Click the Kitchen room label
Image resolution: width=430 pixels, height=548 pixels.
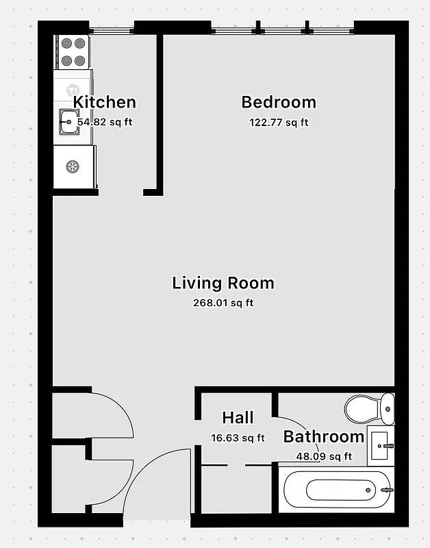(x=104, y=103)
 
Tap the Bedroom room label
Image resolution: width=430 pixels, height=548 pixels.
(x=279, y=103)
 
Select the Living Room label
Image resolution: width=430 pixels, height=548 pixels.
(x=223, y=283)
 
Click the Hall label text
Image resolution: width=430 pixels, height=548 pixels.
(x=238, y=418)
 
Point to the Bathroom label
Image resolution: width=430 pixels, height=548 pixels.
(x=323, y=436)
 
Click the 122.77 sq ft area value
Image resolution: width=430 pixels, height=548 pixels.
(x=278, y=123)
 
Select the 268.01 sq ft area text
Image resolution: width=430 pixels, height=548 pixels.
(x=223, y=303)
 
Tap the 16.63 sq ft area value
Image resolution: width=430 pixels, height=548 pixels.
(x=238, y=438)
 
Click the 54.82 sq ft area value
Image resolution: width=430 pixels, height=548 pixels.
(x=104, y=123)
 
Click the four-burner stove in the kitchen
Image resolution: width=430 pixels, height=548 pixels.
(x=73, y=52)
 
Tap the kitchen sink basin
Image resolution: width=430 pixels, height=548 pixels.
(x=68, y=123)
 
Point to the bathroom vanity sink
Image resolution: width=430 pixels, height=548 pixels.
(x=381, y=445)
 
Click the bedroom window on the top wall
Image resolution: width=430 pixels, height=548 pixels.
(x=282, y=29)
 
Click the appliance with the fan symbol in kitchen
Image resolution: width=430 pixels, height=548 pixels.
(x=72, y=166)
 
